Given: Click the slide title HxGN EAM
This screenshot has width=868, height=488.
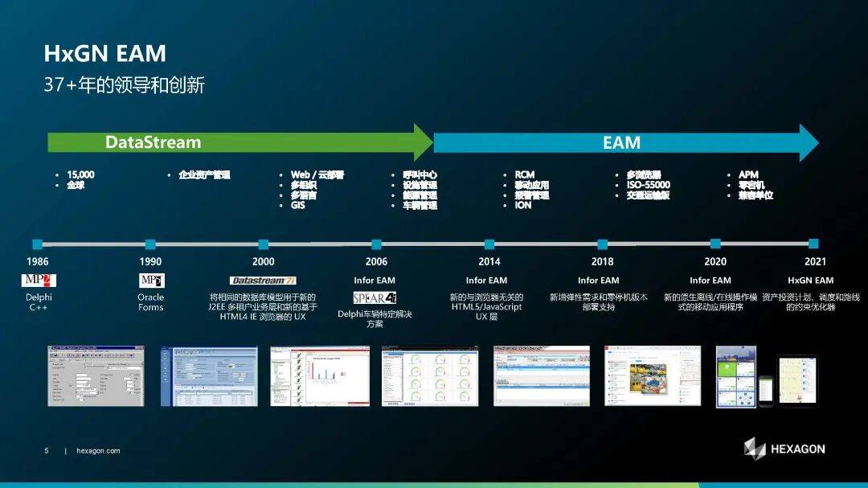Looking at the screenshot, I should tap(104, 54).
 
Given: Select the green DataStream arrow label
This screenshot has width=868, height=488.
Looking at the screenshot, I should tap(153, 142).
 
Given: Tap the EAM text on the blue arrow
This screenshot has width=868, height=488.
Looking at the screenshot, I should tap(621, 143).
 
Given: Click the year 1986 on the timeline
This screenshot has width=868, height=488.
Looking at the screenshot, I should tap(37, 261).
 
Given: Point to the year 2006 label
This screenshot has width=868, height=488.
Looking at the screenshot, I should tap(376, 261).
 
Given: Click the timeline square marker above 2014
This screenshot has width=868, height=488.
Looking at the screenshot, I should tap(489, 244).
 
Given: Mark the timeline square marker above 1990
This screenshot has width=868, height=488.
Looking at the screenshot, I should tap(150, 244).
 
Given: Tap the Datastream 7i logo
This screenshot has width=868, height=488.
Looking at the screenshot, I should tap(263, 281).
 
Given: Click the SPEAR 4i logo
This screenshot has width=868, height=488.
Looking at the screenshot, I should tap(375, 297).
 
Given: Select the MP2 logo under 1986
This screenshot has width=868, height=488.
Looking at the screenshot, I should tap(38, 281).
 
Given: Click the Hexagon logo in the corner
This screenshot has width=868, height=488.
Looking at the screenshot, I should tap(784, 449).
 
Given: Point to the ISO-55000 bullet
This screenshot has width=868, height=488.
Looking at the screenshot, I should tap(649, 185).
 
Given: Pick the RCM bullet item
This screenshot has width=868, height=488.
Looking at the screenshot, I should tap(525, 174).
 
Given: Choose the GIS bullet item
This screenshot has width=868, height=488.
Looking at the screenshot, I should tap(298, 205).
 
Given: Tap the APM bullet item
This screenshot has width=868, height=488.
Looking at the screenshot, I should tap(748, 174).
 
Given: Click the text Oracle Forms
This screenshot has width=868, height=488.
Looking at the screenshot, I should tap(150, 301).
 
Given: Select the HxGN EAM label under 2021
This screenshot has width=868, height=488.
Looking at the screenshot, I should tap(810, 281).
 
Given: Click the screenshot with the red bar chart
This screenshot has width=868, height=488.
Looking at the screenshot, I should tap(320, 376).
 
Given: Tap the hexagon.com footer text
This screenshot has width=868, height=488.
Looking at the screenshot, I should tap(98, 451).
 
